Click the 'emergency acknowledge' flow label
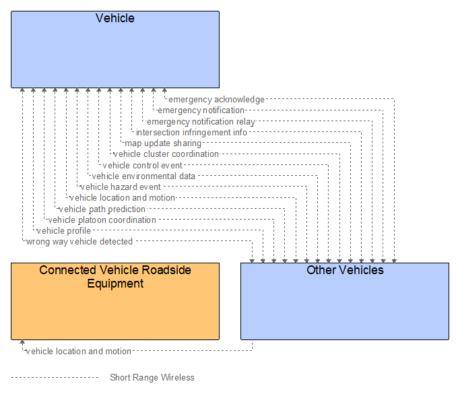pyautogui.click(x=216, y=100)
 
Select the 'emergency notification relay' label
pyautogui.click(x=201, y=122)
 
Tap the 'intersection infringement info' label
pyautogui.click(x=191, y=133)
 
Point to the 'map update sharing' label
pyautogui.click(x=163, y=143)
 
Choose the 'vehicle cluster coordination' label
pyautogui.click(x=166, y=154)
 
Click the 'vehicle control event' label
pyautogui.click(x=143, y=165)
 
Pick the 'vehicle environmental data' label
pyautogui.click(x=143, y=176)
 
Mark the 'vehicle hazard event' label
pyautogui.click(x=121, y=187)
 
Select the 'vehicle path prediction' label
pyautogui.click(x=102, y=209)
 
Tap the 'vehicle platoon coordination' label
pyautogui.click(x=102, y=220)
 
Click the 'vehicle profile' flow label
pyautogui.click(x=64, y=231)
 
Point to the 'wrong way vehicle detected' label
pyautogui.click(x=79, y=242)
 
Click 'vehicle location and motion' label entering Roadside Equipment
pyautogui.click(x=79, y=351)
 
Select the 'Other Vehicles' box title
pyautogui.click(x=345, y=270)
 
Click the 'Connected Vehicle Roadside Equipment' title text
pyautogui.click(x=115, y=270)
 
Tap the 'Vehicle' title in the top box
pyautogui.click(x=115, y=18)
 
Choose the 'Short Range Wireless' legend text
pyautogui.click(x=152, y=377)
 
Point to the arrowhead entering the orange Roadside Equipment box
pyautogui.click(x=22, y=343)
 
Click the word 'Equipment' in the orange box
pyautogui.click(x=115, y=284)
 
